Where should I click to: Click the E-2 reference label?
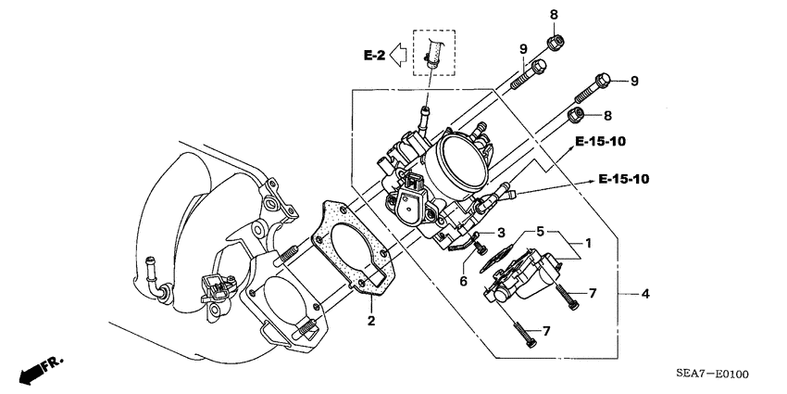coord(374,57)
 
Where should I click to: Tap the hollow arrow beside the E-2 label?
coord(399,57)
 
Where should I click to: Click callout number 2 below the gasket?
coord(370,321)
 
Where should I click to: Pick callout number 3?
coord(500,233)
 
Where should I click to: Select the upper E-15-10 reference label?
coord(600,141)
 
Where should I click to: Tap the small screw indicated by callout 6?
coord(481,248)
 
